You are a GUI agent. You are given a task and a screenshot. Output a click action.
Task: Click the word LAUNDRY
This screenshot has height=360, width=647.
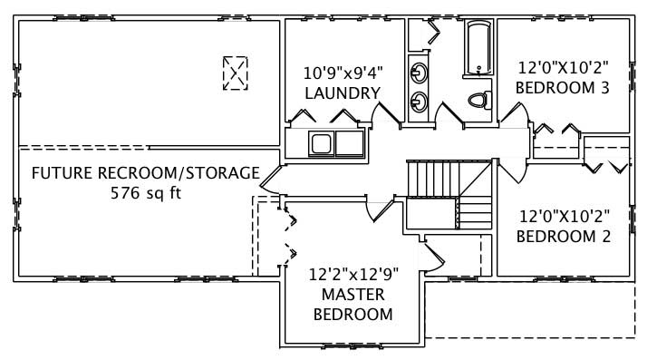coord(342,93)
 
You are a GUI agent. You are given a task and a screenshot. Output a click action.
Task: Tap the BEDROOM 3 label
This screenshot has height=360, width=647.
coord(561,88)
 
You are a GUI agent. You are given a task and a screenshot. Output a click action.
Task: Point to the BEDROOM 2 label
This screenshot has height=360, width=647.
coord(563,237)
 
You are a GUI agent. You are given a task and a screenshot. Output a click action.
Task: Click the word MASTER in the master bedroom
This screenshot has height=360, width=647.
coord(352,295)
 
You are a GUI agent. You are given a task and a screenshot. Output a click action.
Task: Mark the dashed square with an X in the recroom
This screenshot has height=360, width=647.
coord(236,73)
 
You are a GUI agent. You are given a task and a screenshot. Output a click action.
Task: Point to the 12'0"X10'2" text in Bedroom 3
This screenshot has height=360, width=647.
coord(561,68)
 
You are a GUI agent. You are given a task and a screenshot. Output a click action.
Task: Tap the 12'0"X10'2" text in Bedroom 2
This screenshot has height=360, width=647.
coord(563,217)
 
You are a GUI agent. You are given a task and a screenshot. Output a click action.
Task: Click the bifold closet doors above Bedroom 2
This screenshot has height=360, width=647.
coord(606,162)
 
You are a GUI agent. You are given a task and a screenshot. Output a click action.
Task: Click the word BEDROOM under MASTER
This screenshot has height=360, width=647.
coord(352,315)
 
